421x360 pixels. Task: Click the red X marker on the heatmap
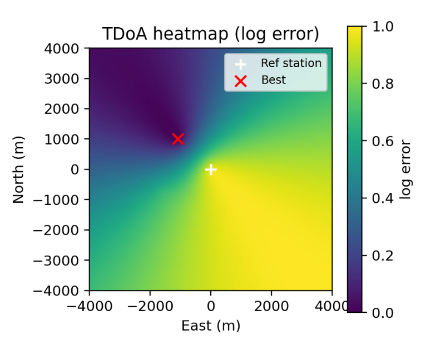tap(178, 139)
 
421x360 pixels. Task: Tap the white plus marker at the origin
tap(211, 169)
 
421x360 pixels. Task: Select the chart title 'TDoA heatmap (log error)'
tap(210, 34)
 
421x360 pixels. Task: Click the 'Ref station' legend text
tap(291, 63)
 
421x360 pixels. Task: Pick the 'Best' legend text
tap(274, 80)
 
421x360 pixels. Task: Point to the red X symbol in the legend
tap(240, 81)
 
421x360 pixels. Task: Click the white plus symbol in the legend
tap(240, 64)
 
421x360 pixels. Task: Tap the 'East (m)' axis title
tap(211, 326)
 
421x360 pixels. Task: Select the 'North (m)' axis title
tap(19, 169)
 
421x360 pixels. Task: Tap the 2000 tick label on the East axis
tap(271, 306)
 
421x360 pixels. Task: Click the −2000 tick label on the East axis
tap(150, 306)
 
